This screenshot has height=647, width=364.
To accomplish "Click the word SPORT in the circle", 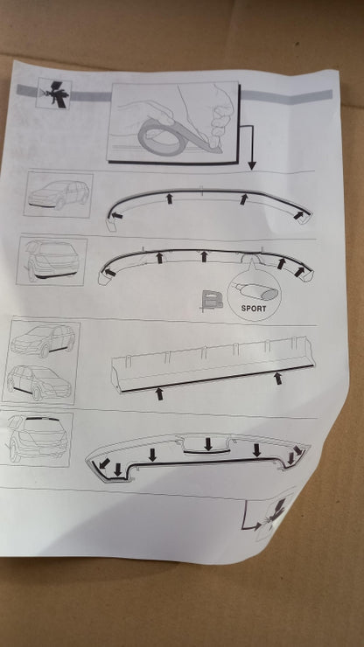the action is click(x=254, y=309).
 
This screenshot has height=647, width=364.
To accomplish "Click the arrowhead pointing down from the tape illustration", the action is click(x=252, y=165).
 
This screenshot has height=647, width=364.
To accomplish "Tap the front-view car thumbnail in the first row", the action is click(x=59, y=194).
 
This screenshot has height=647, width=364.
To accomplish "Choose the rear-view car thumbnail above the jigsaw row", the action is click(x=52, y=261).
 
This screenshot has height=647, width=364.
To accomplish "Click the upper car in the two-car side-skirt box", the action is click(x=43, y=340).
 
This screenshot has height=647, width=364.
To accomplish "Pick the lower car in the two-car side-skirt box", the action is click(x=38, y=383).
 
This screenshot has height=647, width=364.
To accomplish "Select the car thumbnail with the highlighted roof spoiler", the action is click(x=38, y=439).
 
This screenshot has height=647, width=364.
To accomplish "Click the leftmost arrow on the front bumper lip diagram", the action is click(x=117, y=215).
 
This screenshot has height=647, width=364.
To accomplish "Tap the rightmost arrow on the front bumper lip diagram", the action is click(x=298, y=214).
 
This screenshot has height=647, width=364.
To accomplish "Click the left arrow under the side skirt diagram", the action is click(x=159, y=393).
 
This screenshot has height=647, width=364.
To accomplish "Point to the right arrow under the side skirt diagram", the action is click(x=278, y=378).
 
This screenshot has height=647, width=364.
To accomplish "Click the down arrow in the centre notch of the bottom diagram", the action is click(x=208, y=443).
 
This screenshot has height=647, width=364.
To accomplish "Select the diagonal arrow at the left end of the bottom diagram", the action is click(x=104, y=463).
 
